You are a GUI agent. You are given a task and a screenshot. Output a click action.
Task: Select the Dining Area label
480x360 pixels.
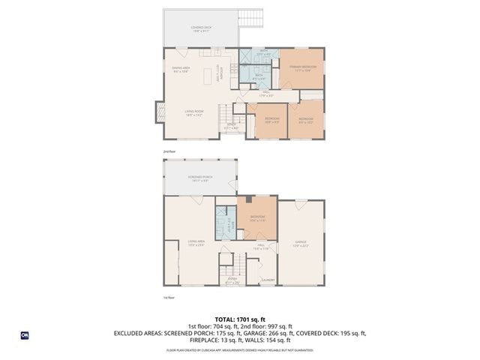click(x=180, y=70)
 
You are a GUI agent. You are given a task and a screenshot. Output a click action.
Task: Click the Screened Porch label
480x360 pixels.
click(x=201, y=178)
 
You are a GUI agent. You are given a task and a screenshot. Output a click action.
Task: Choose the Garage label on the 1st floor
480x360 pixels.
click(x=301, y=242)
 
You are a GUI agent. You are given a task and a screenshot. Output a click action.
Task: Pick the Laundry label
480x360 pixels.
click(x=268, y=280)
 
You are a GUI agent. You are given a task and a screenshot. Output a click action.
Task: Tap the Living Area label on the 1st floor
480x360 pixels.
click(x=197, y=242)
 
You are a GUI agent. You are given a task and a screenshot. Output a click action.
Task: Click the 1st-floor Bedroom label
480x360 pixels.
click(x=257, y=217)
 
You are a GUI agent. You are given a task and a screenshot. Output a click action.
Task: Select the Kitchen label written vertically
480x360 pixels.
click(x=217, y=73)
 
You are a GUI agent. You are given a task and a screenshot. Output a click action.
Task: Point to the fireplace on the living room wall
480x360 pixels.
click(x=159, y=112)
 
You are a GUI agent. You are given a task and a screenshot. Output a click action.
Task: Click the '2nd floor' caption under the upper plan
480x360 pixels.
click(x=169, y=151)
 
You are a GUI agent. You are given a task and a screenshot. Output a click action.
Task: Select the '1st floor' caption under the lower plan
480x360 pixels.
click(x=169, y=298)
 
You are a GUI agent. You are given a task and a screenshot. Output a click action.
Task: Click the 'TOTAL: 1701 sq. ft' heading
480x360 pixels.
click(x=239, y=318)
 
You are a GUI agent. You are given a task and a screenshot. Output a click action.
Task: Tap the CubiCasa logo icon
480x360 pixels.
click(x=25, y=335)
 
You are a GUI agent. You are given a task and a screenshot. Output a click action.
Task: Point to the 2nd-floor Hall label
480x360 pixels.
click(x=266, y=94)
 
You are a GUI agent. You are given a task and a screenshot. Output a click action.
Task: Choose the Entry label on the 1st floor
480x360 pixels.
click(x=232, y=280)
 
